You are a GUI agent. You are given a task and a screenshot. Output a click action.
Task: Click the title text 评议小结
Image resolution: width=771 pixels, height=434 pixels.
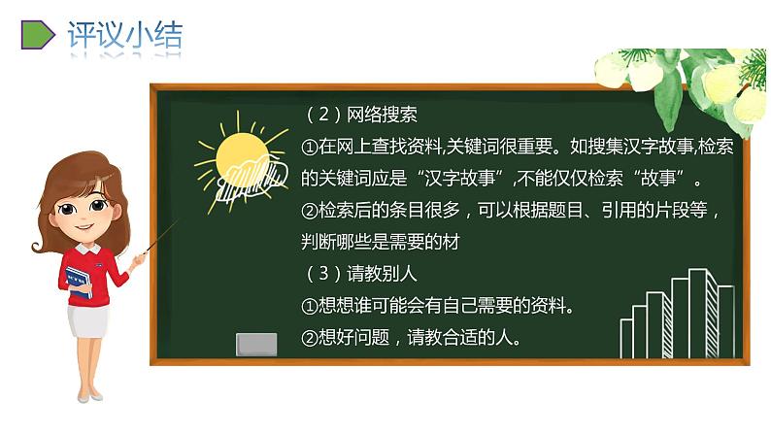click(x=124, y=35)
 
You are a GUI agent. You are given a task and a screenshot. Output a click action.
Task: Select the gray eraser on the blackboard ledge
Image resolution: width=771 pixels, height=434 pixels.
click(x=256, y=344)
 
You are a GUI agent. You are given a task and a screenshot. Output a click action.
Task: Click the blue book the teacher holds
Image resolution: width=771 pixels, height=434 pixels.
click(x=79, y=281)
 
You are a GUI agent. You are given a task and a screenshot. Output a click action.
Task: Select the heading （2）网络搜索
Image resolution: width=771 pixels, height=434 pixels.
click(x=360, y=115)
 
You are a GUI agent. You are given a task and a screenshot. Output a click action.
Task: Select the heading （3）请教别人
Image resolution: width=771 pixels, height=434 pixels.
click(x=360, y=274)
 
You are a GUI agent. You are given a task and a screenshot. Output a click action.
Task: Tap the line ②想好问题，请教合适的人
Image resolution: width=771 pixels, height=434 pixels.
click(x=413, y=338)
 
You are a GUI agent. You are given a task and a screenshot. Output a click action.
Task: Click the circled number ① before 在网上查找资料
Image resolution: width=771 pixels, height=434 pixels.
click(x=310, y=147)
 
